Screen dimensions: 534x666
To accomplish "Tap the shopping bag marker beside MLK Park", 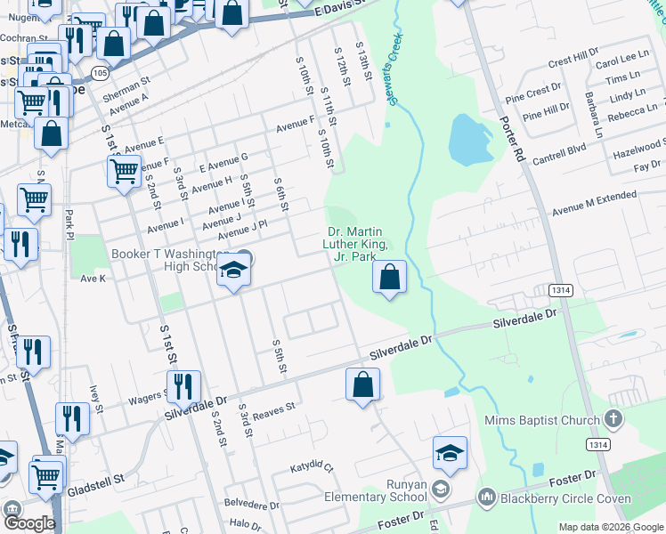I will (x=390, y=278).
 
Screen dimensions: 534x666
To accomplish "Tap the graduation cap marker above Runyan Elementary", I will (x=451, y=454).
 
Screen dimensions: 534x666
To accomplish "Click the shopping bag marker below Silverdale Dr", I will (x=363, y=385).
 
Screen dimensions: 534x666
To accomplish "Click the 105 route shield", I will (x=100, y=71).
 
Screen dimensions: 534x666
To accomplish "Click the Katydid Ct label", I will (x=312, y=467).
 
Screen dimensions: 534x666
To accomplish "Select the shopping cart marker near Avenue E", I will (x=124, y=169).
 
